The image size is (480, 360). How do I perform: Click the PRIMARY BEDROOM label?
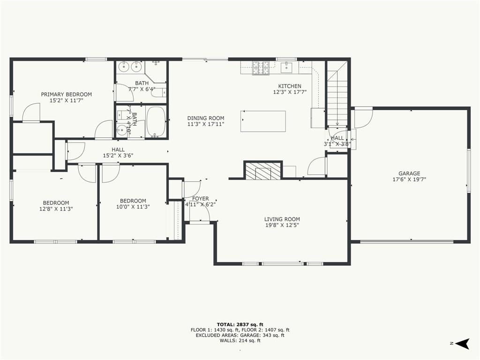[67, 94]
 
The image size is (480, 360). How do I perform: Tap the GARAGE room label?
[409, 173]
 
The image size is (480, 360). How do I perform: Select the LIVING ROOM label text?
[282, 219]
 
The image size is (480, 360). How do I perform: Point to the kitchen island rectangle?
[263, 121]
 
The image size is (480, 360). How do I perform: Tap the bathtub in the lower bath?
[156, 121]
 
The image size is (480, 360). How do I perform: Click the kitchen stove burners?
[261, 67]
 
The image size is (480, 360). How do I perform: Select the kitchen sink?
[287, 67]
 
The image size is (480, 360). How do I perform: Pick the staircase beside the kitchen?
[337, 93]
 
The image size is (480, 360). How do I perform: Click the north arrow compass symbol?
[462, 344]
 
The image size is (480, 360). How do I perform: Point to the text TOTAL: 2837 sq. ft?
[240, 324]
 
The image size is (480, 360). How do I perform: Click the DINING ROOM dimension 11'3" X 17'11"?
[206, 124]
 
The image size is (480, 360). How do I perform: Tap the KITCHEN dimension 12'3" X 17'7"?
[290, 92]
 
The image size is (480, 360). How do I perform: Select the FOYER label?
[201, 199]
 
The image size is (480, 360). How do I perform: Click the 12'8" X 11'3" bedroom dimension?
[56, 209]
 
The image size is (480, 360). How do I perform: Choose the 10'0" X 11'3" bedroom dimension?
[133, 207]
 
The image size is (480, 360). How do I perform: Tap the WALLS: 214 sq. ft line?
[240, 340]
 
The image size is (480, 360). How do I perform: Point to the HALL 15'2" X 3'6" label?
[118, 152]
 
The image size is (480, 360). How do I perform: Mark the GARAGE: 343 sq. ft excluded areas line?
[240, 335]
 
